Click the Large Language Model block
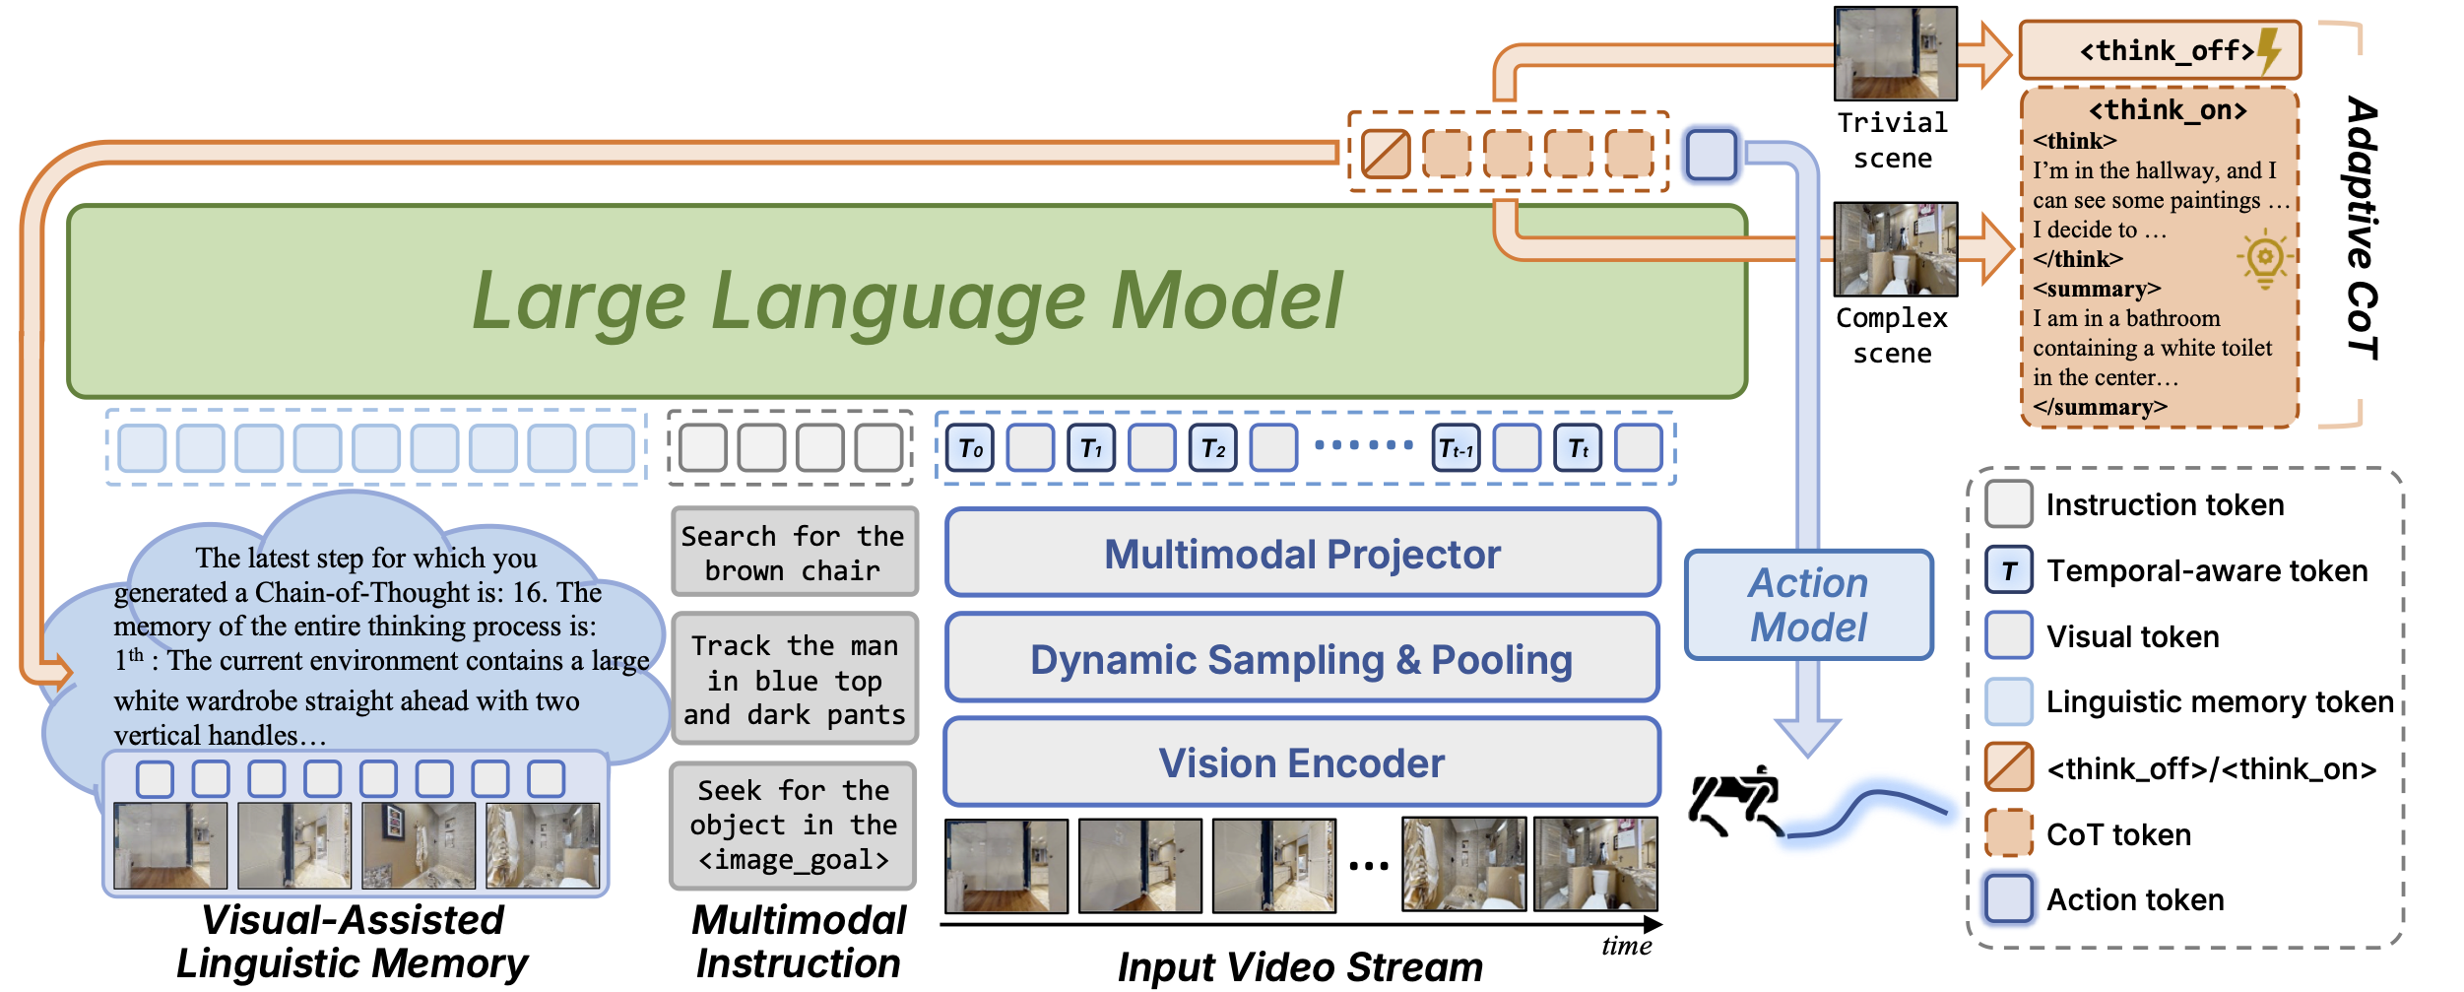tap(906, 300)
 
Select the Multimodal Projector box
tap(1302, 554)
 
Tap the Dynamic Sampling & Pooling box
tap(1302, 659)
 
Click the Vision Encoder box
tap(1302, 763)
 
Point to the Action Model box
tap(1808, 605)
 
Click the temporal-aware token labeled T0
tap(970, 448)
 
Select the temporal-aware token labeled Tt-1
tap(1456, 449)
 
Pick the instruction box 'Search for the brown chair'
tap(794, 553)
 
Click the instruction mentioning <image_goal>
tap(794, 826)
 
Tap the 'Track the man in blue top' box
tap(794, 680)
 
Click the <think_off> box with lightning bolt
tap(2159, 50)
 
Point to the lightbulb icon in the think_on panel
tap(2265, 259)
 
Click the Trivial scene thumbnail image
tap(1895, 54)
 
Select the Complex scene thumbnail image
tap(1895, 249)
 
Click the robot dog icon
tap(1735, 801)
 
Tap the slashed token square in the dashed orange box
tap(1386, 154)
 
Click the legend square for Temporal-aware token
tap(2009, 570)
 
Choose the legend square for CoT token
tap(2009, 833)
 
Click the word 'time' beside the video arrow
tap(1626, 947)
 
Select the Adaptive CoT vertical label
tap(2362, 227)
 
